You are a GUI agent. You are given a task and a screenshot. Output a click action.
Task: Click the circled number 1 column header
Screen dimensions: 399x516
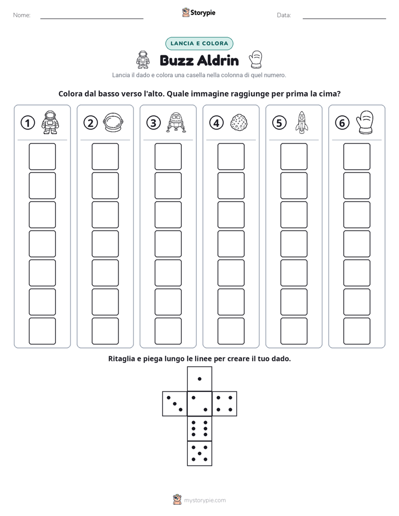(27, 123)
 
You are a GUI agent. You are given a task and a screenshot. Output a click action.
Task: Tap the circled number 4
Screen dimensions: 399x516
(216, 123)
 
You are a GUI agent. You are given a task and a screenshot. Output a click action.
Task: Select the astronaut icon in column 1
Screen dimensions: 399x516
(50, 122)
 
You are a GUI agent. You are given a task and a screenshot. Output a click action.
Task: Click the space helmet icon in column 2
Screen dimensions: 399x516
(113, 122)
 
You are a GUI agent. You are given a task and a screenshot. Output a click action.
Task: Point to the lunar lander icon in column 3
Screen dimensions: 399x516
(176, 122)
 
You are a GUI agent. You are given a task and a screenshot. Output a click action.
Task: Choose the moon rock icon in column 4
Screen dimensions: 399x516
(239, 123)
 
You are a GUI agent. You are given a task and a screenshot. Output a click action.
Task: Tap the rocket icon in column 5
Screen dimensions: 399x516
(302, 122)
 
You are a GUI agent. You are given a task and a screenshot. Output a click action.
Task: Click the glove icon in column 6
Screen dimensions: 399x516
(365, 122)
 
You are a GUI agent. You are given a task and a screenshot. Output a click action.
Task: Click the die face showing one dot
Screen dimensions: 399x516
(199, 379)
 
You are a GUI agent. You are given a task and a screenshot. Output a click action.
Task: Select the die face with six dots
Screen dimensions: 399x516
(199, 428)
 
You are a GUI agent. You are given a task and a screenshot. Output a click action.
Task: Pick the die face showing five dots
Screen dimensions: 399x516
(199, 453)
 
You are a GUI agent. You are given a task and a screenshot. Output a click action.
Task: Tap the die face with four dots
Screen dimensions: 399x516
(224, 404)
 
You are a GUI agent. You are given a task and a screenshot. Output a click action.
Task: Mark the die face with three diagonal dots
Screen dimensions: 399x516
(175, 404)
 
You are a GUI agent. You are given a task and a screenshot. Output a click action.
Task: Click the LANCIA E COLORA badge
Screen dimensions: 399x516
(199, 44)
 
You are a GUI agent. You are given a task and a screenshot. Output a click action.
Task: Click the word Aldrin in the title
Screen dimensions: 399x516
(218, 60)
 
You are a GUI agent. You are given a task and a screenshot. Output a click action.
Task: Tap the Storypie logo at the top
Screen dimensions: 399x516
(198, 12)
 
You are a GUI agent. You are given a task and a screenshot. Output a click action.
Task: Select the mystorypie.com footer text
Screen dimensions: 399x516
(205, 500)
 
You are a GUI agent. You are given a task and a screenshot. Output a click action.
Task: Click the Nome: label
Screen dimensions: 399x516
(22, 15)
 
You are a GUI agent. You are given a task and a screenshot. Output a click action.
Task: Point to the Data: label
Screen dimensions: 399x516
(284, 15)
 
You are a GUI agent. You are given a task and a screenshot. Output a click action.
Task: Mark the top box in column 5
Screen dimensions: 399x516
(293, 156)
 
